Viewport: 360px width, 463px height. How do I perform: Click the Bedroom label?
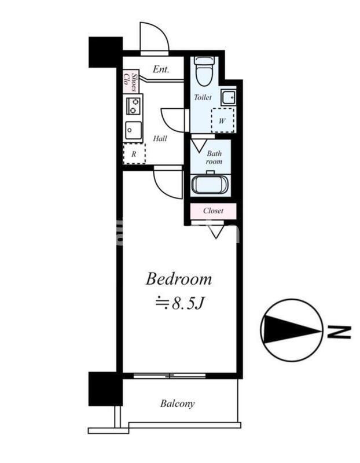click(179, 279)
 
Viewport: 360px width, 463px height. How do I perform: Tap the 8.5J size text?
click(179, 303)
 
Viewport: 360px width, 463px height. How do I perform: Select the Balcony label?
click(178, 403)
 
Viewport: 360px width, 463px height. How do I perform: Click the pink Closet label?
click(213, 211)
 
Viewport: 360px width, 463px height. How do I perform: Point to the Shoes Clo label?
click(131, 81)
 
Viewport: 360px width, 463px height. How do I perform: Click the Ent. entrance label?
click(161, 69)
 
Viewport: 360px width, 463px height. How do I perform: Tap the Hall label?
click(160, 138)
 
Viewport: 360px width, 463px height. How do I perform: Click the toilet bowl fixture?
click(204, 71)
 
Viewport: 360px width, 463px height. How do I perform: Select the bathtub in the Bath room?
click(210, 185)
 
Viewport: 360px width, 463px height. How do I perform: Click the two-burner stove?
click(133, 105)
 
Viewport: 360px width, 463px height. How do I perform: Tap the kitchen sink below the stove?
click(134, 130)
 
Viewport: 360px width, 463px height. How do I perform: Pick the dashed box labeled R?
click(134, 154)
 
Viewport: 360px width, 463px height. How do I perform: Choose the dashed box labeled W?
click(223, 120)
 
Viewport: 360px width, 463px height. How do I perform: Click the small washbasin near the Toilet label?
click(229, 97)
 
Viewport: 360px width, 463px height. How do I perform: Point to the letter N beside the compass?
click(339, 332)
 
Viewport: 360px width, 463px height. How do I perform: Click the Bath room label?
click(214, 157)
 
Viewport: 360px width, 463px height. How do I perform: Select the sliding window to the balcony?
click(170, 376)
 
